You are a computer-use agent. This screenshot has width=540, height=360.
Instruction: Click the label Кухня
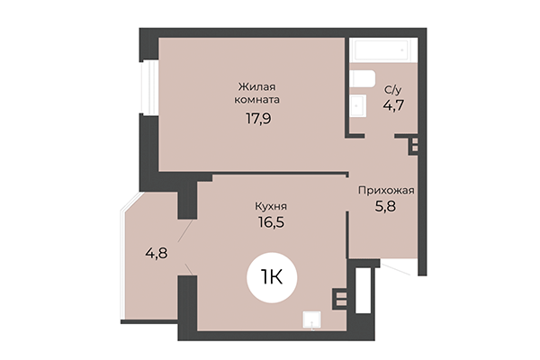click(270, 205)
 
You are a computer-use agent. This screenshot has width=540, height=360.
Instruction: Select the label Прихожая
click(386, 191)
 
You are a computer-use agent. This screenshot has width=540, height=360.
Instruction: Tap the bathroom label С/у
click(392, 89)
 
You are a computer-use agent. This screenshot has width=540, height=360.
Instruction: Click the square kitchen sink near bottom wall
click(310, 319)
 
